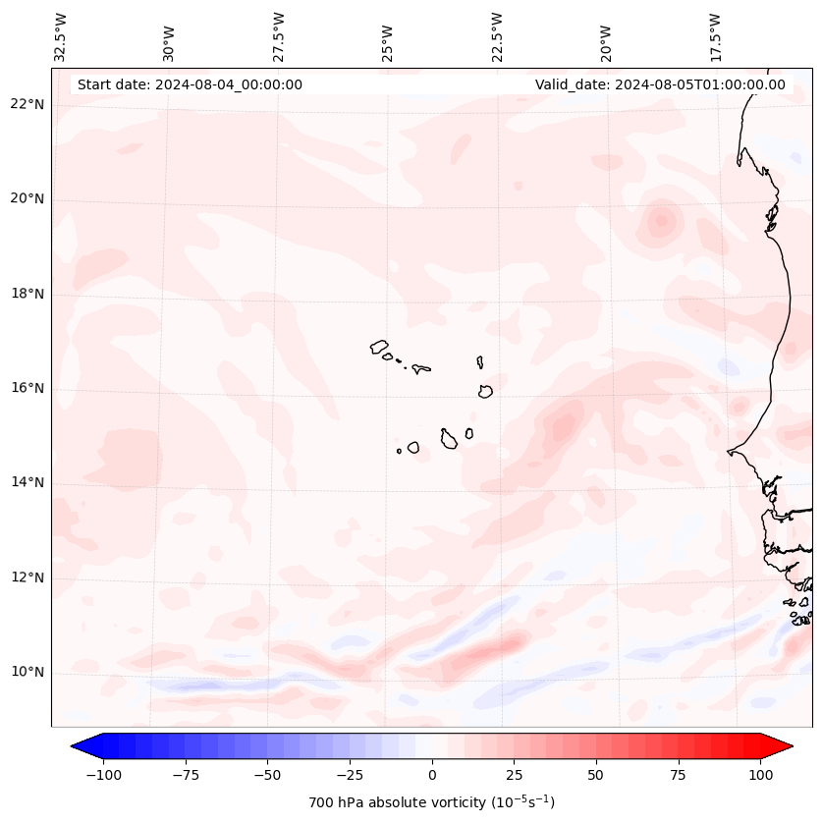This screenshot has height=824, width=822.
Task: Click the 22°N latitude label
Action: tap(27, 105)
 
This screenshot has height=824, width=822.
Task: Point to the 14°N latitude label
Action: tap(27, 483)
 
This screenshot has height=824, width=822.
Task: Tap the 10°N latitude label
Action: tap(27, 673)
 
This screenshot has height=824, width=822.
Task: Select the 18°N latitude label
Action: tap(27, 295)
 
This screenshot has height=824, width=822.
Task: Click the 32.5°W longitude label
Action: tap(61, 36)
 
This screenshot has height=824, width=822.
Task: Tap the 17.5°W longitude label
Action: tap(715, 36)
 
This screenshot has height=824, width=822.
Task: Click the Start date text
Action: tap(190, 84)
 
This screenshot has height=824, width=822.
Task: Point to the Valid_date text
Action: tap(660, 84)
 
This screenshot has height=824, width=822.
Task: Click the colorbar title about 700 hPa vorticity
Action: tap(431, 803)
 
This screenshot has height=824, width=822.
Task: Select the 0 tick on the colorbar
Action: tap(432, 775)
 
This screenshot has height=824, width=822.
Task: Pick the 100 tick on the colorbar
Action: tap(761, 775)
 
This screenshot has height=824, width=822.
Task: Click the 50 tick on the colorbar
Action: tap(596, 775)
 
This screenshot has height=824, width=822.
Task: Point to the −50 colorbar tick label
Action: tap(266, 775)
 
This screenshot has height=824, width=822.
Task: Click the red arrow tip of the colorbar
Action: tap(786, 746)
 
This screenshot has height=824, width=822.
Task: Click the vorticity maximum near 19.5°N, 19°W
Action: tap(660, 220)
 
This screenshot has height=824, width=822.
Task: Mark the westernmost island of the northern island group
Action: tap(379, 347)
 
